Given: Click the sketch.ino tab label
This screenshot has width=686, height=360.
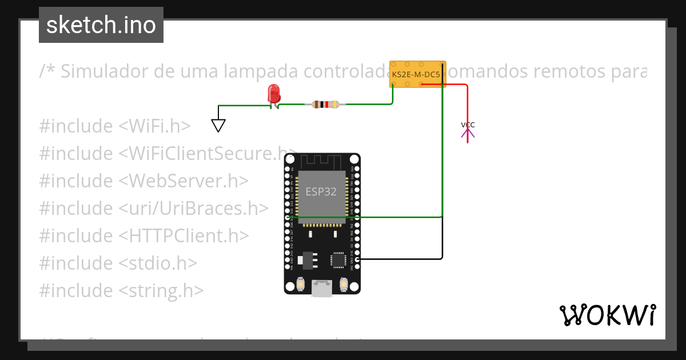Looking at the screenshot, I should pyautogui.click(x=101, y=25).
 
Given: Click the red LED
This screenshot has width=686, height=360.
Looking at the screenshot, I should pyautogui.click(x=274, y=94).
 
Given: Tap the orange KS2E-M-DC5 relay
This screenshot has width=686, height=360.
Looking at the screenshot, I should pyautogui.click(x=418, y=74).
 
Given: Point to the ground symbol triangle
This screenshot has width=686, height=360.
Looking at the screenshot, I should pyautogui.click(x=218, y=125).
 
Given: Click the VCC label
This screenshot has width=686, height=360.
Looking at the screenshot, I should pyautogui.click(x=468, y=125).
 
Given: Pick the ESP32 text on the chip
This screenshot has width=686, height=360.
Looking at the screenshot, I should pyautogui.click(x=321, y=191).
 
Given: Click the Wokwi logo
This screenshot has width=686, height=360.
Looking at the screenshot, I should pyautogui.click(x=607, y=315).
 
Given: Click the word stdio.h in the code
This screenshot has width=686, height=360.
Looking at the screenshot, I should pyautogui.click(x=158, y=263).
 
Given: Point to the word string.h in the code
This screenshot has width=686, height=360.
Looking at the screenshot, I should pyautogui.click(x=161, y=291).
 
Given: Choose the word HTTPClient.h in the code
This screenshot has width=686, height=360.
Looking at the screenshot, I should pyautogui.click(x=184, y=236).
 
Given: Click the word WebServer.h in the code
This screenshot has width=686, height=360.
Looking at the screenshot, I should pyautogui.click(x=184, y=181).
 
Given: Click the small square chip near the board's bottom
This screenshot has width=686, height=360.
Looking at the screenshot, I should pyautogui.click(x=338, y=260).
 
